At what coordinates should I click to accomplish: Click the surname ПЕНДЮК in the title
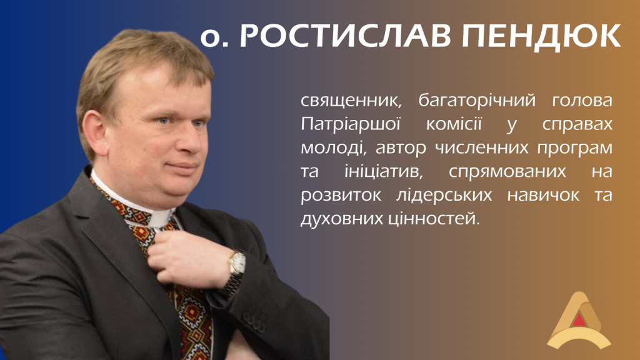tap(541, 36)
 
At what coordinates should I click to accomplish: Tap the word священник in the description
tap(351, 101)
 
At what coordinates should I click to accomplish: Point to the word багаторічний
tap(476, 101)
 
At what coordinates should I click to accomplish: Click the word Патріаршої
tap(351, 124)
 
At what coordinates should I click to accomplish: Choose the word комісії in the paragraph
tap(454, 124)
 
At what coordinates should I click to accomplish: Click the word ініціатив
tap(382, 171)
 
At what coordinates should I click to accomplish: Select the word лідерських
tap(444, 196)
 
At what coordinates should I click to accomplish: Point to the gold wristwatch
tap(237, 263)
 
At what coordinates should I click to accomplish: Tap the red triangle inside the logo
tap(579, 321)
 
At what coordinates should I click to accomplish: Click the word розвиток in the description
tap(341, 196)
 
